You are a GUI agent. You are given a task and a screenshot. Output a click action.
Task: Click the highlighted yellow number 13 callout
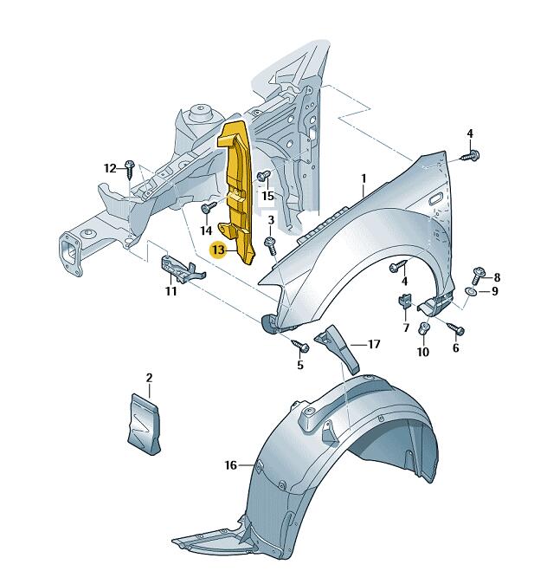[x=218, y=250]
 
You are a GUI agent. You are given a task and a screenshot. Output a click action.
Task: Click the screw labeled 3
[x=271, y=246]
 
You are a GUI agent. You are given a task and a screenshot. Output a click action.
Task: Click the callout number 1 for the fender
[x=364, y=178]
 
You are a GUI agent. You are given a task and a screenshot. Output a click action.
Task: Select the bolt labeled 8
[x=478, y=275]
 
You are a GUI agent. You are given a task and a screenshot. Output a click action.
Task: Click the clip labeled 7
[x=405, y=301]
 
